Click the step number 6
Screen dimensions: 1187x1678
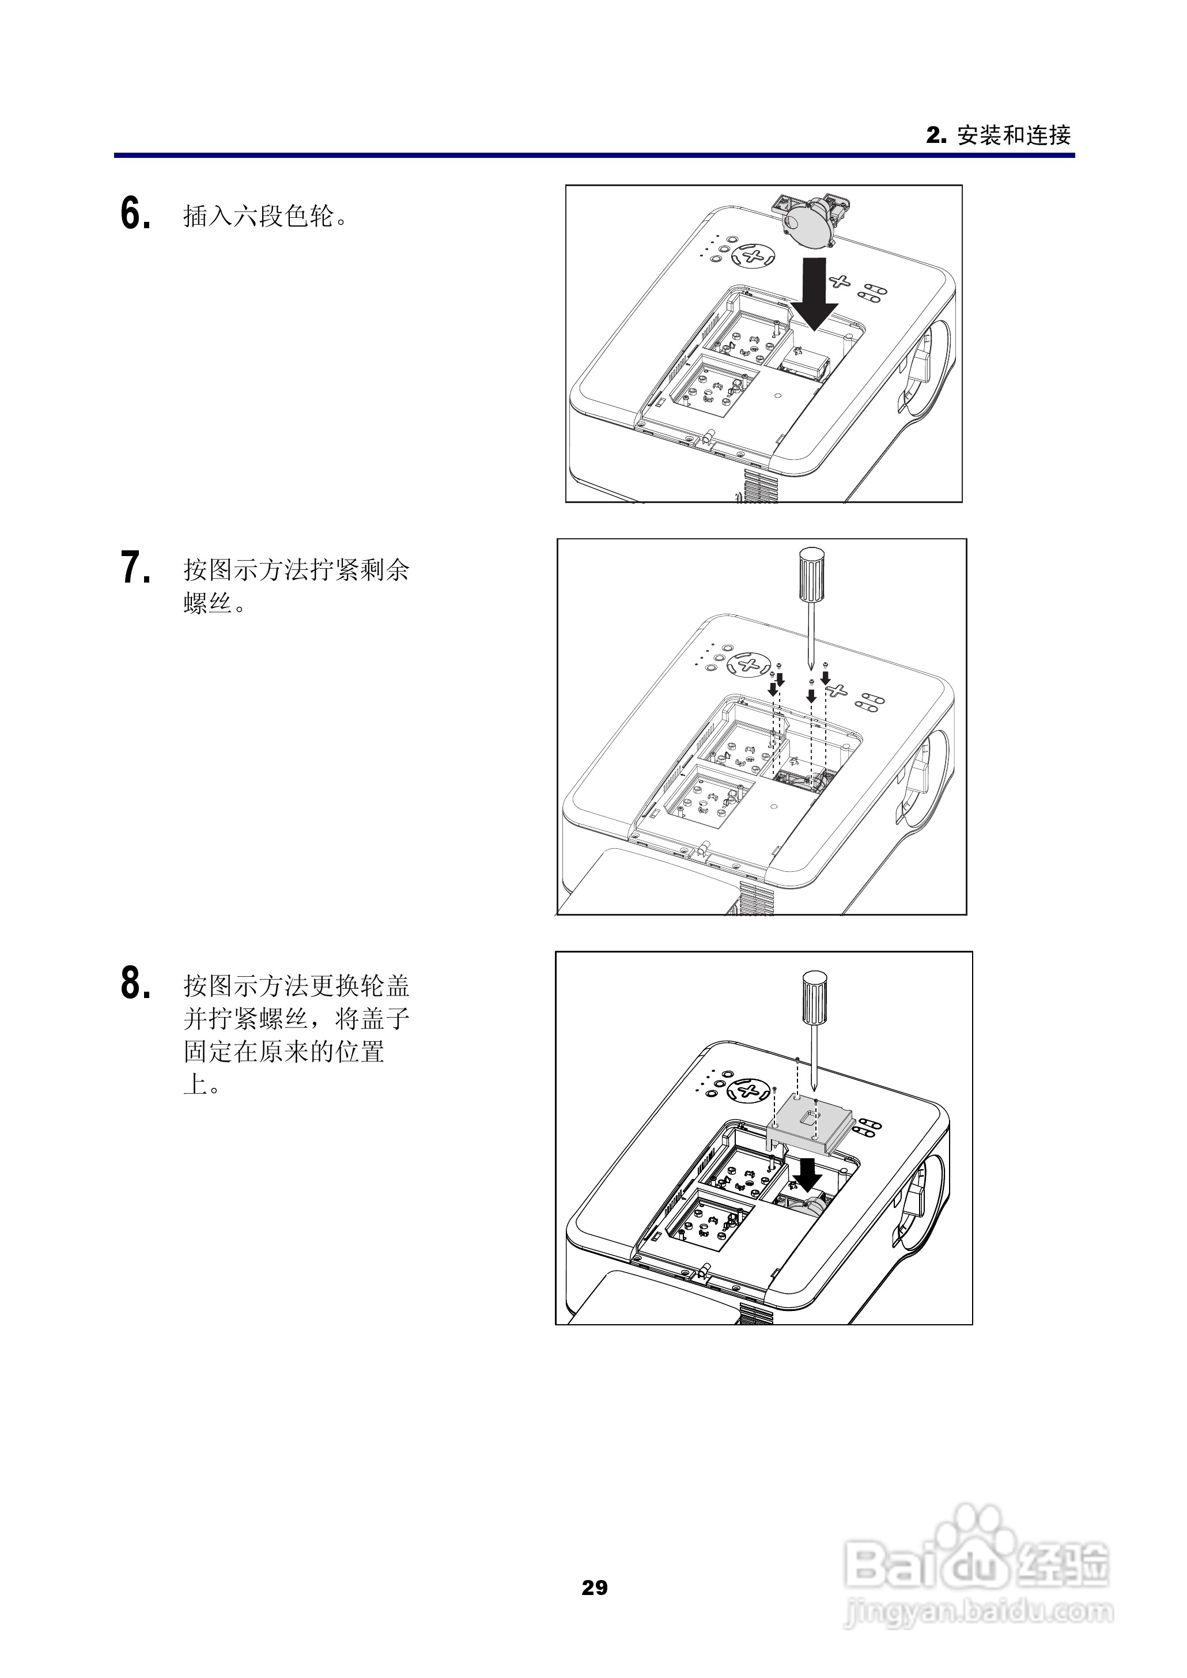135,215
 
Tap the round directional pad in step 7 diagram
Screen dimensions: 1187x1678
749,664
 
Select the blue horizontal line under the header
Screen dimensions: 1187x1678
593,156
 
